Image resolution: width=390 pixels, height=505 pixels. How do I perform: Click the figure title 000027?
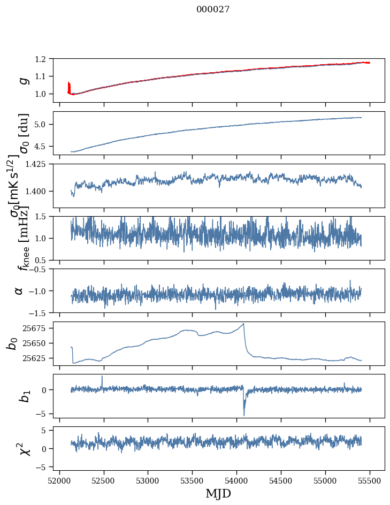coord(213,10)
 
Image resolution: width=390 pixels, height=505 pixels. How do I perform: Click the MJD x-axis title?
coord(218,493)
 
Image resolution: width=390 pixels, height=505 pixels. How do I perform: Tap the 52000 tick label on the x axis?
coord(59,479)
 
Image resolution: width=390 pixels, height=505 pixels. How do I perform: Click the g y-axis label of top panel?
coord(22,80)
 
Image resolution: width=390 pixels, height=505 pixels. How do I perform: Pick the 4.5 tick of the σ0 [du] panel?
coord(45,146)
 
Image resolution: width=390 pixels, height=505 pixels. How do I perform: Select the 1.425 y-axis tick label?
coord(41,164)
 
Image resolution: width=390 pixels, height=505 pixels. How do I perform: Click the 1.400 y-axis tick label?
coord(41,191)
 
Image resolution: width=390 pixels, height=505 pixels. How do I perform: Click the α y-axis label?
coord(19,290)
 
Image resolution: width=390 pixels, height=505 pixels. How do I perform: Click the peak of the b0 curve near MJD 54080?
coord(243,324)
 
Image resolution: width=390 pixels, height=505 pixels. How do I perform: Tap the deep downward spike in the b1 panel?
coord(244,415)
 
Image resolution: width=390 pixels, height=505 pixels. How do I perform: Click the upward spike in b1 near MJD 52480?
coord(102,377)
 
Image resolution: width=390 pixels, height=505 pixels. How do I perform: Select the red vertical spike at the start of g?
coord(68,86)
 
